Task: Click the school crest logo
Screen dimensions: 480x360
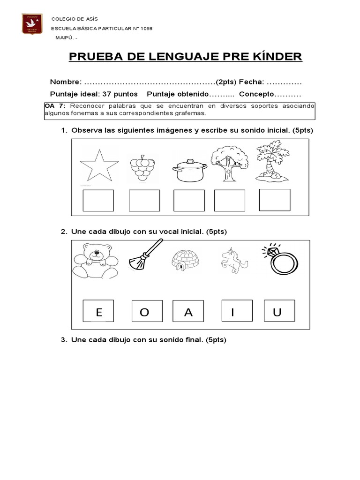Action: [x=32, y=24]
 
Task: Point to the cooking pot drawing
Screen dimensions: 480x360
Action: [x=190, y=170]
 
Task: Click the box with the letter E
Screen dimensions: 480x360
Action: [x=98, y=312]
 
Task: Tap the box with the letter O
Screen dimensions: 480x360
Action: [x=144, y=312]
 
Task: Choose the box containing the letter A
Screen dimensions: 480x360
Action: [x=188, y=312]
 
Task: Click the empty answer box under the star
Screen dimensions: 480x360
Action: [x=98, y=200]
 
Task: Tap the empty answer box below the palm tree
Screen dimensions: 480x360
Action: [x=274, y=200]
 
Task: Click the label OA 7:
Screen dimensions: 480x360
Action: [x=55, y=107]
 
